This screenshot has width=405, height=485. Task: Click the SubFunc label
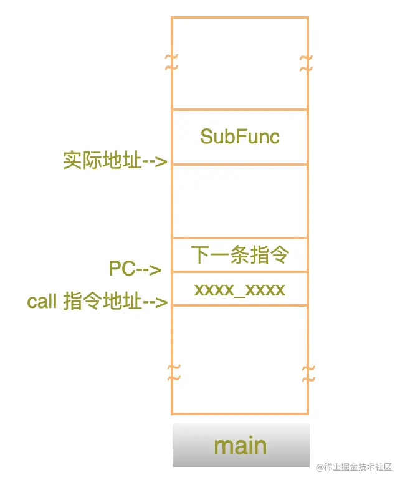pos(240,137)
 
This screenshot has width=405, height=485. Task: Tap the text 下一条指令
pos(240,255)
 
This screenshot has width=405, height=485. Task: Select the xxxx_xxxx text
pos(240,289)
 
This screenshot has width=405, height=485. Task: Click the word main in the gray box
pos(240,446)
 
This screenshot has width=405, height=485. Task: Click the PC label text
pos(122,269)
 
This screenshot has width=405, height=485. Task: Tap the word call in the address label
pos(42,302)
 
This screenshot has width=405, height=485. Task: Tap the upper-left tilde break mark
pos(171,61)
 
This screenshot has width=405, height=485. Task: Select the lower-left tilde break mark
pos(174,373)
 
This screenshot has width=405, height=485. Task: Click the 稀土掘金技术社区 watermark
pos(353,467)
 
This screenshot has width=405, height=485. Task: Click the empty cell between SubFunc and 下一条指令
pos(240,201)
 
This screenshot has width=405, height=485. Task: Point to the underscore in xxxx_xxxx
pos(240,295)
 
